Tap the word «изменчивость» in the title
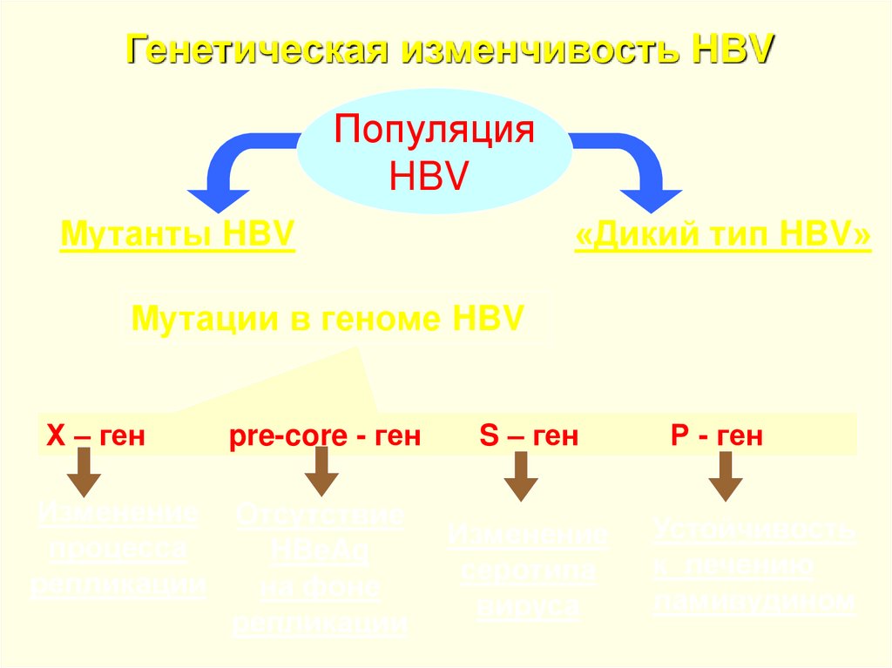point(539,50)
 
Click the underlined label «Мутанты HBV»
point(177,235)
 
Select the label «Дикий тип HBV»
point(722,235)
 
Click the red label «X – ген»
point(96,435)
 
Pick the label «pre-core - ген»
point(325,435)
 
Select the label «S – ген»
point(529,435)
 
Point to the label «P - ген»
point(717,435)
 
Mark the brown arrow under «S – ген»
point(521,476)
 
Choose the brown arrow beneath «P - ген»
point(725,476)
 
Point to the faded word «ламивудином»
point(753,601)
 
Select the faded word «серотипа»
point(528,571)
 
